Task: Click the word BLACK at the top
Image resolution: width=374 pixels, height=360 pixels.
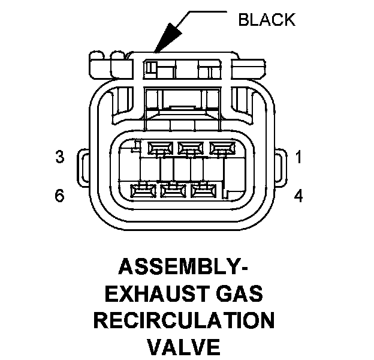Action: pos(267,19)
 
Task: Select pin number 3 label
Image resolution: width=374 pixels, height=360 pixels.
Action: pos(59,157)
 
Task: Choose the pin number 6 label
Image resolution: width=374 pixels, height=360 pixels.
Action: pos(59,196)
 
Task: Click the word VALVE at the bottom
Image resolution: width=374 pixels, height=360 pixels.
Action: pos(183,347)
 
